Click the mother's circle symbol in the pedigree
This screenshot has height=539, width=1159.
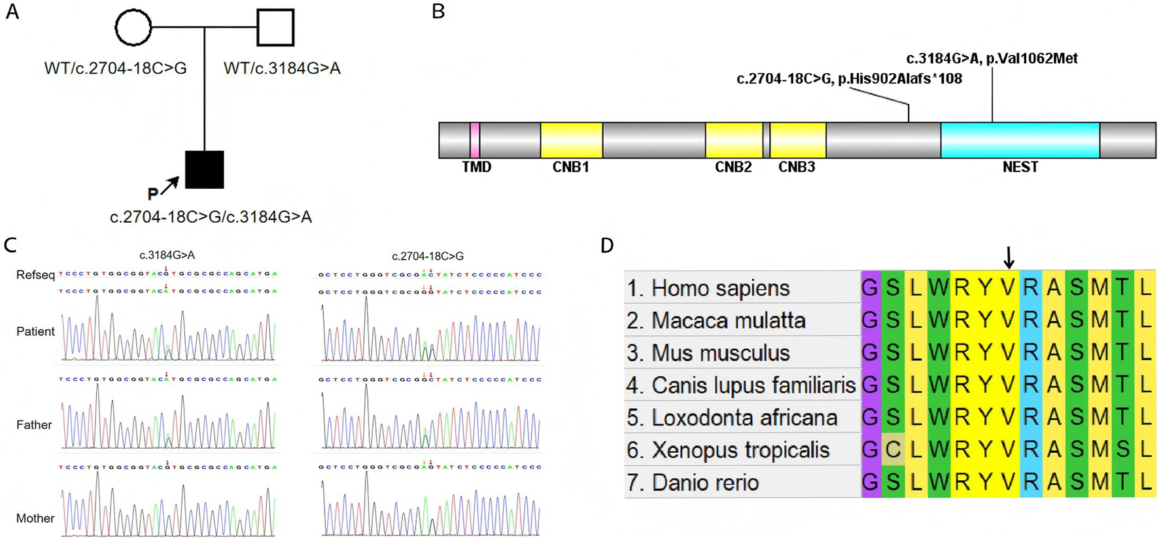point(133,27)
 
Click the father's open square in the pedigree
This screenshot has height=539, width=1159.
point(275,27)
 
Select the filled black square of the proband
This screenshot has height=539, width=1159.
point(205,169)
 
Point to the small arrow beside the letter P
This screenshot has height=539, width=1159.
point(170,186)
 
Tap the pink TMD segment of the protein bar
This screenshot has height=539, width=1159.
point(475,140)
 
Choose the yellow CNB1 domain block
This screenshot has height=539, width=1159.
point(571,140)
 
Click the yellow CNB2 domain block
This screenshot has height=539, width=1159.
point(734,140)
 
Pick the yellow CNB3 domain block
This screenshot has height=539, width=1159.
point(797,140)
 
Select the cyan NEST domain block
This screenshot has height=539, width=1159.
point(1020,140)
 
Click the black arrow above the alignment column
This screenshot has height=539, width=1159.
point(1009,257)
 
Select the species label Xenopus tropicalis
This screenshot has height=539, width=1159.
point(740,450)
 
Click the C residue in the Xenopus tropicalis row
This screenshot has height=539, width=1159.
point(893,449)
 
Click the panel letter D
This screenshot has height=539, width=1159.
point(607,246)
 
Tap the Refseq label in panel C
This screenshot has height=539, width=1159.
point(35,275)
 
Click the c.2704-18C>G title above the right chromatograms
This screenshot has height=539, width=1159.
point(428,256)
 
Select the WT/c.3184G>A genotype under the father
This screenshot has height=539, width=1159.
point(282,68)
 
